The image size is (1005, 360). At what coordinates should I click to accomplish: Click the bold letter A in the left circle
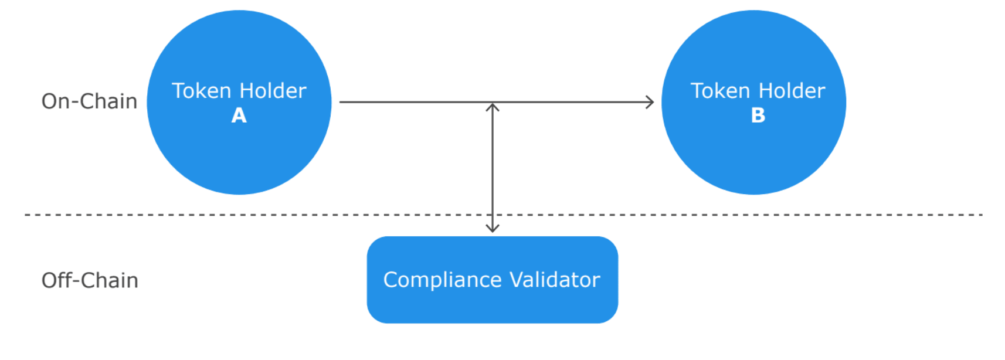[239, 116]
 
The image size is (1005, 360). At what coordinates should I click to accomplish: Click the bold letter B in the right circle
[758, 116]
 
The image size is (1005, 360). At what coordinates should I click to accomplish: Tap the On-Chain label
[89, 101]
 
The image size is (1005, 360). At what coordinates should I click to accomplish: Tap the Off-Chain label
[90, 280]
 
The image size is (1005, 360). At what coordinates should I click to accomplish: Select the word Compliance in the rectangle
[442, 280]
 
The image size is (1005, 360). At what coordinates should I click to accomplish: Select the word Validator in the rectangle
[555, 280]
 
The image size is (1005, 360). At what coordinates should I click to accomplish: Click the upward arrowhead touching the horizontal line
[493, 107]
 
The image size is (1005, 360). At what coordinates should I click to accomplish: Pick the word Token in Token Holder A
[202, 91]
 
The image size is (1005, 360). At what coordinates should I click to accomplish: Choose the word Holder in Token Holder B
[792, 91]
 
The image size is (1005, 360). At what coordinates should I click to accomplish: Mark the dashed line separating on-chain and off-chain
[504, 215]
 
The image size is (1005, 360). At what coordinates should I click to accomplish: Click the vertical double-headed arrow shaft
[493, 168]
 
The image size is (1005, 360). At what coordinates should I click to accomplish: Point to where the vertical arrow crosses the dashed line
[493, 215]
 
